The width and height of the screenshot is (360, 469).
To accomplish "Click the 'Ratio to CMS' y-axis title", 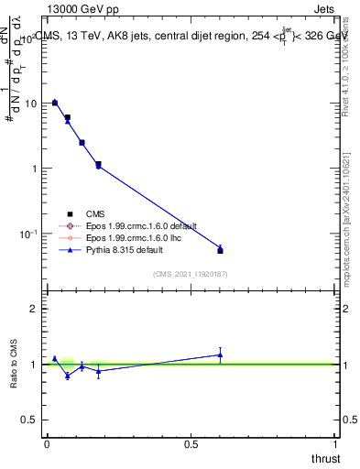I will pyautogui.click(x=14, y=364).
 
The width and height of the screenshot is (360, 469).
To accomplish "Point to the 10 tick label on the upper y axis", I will pyautogui.click(x=30, y=104).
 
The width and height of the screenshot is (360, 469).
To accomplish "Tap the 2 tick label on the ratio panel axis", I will pyautogui.click(x=34, y=310).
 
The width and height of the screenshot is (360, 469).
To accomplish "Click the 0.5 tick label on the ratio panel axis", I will pyautogui.click(x=30, y=419).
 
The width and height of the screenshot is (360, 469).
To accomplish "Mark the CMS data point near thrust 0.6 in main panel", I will pyautogui.click(x=220, y=250).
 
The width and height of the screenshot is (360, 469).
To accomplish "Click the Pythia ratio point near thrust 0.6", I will pyautogui.click(x=220, y=354).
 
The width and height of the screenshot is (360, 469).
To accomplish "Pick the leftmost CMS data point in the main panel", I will pyautogui.click(x=55, y=103).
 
